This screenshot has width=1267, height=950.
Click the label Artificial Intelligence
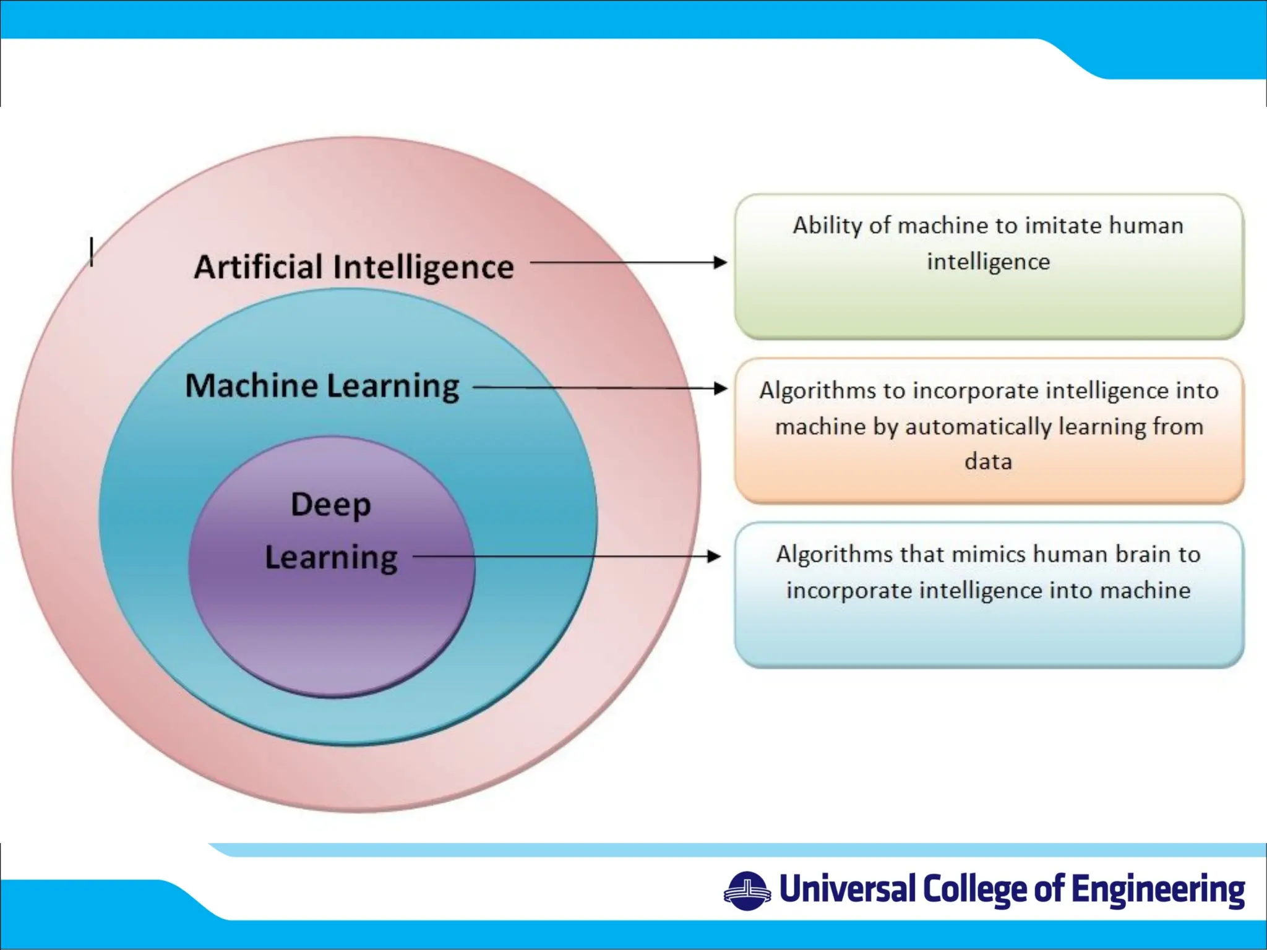[354, 267]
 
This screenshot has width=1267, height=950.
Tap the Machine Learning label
[322, 386]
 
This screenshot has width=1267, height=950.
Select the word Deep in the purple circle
[331, 505]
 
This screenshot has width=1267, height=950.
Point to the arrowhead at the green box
[719, 262]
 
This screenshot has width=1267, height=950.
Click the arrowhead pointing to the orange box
[719, 388]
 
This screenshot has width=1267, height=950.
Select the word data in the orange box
[988, 461]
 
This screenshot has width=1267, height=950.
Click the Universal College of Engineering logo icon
[747, 891]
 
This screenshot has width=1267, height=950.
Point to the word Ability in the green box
[828, 226]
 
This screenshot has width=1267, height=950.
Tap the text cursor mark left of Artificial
[92, 252]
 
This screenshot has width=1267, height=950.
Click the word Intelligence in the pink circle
[423, 267]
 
